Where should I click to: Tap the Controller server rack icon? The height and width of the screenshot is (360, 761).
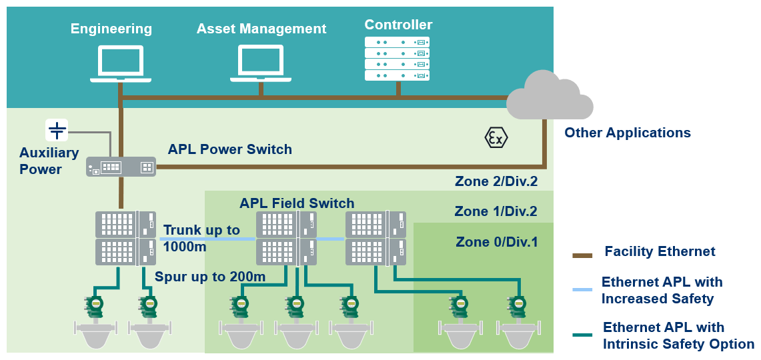pos(397,59)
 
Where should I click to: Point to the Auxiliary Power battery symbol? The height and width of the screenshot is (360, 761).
pos(57,129)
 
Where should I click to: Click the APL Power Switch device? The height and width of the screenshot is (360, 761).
pos(121,167)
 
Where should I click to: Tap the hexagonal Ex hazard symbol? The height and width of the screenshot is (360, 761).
pos(496,137)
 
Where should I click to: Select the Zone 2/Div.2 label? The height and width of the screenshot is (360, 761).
pos(496,181)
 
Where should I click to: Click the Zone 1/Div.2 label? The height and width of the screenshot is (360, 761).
pos(496,211)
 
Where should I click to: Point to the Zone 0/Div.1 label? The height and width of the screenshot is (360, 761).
pos(497,241)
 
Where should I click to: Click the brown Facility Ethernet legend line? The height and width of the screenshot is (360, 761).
pos(582,255)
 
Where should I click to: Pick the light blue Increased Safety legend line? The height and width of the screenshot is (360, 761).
pos(582,289)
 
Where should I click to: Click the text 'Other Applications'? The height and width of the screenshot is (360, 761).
pos(627,133)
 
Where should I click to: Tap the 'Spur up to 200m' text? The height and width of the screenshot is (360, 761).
pos(210,277)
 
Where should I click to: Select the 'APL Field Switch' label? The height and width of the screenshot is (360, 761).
pos(297,203)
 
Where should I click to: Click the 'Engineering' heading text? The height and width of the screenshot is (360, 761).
pos(111,29)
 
